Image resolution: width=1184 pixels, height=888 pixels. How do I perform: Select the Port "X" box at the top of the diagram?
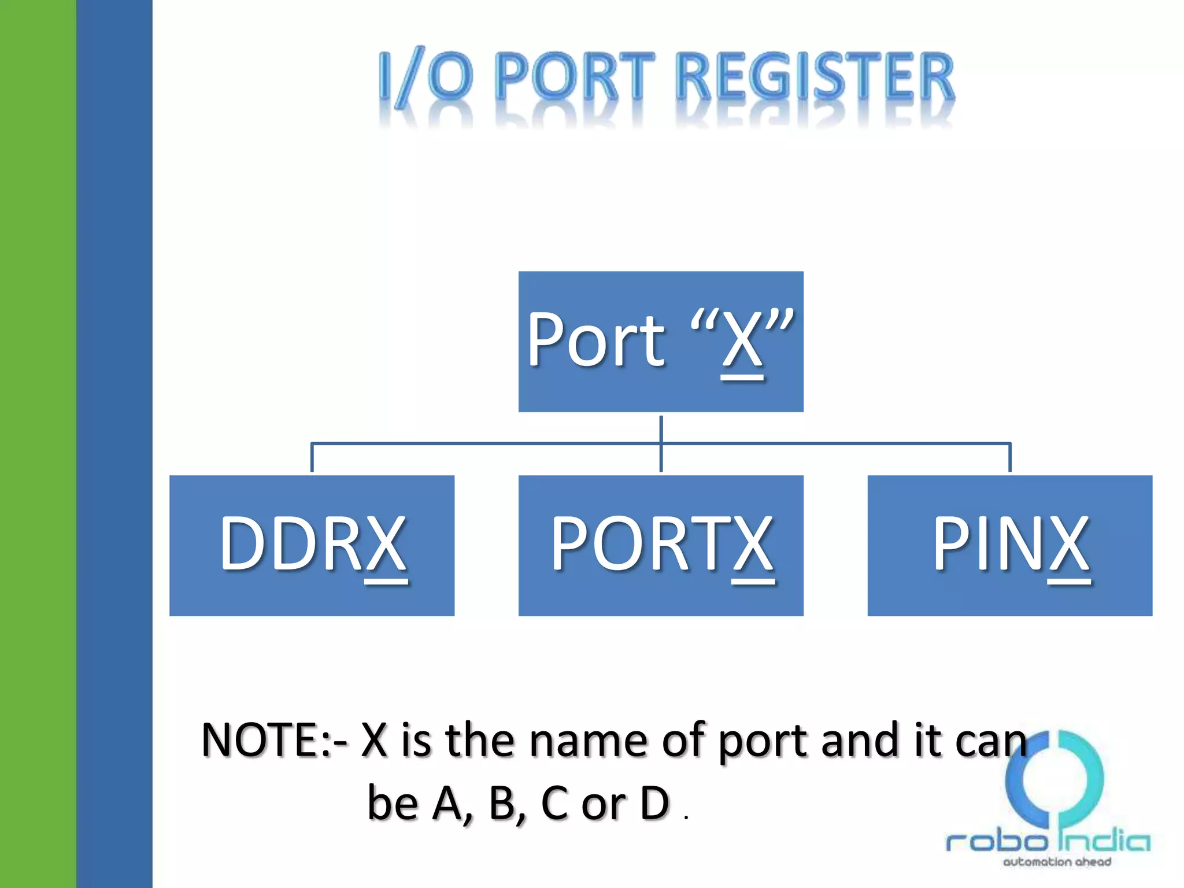pos(660,341)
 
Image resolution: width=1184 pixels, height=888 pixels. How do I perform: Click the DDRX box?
pos(312,545)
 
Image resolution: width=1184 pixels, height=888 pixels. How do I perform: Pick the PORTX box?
pos(660,545)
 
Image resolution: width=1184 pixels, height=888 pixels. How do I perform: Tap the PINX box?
pos(1009,545)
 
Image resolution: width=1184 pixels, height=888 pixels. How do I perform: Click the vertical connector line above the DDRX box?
pos(312,458)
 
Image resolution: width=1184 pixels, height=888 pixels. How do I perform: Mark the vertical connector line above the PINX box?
pos(1009,458)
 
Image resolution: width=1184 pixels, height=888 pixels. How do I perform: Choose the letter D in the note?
pos(654,803)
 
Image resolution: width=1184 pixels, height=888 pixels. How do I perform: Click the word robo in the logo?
pos(996,841)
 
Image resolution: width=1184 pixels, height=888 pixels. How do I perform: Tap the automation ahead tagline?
pos(1057,862)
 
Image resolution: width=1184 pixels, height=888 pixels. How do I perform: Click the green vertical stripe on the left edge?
pos(38,444)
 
